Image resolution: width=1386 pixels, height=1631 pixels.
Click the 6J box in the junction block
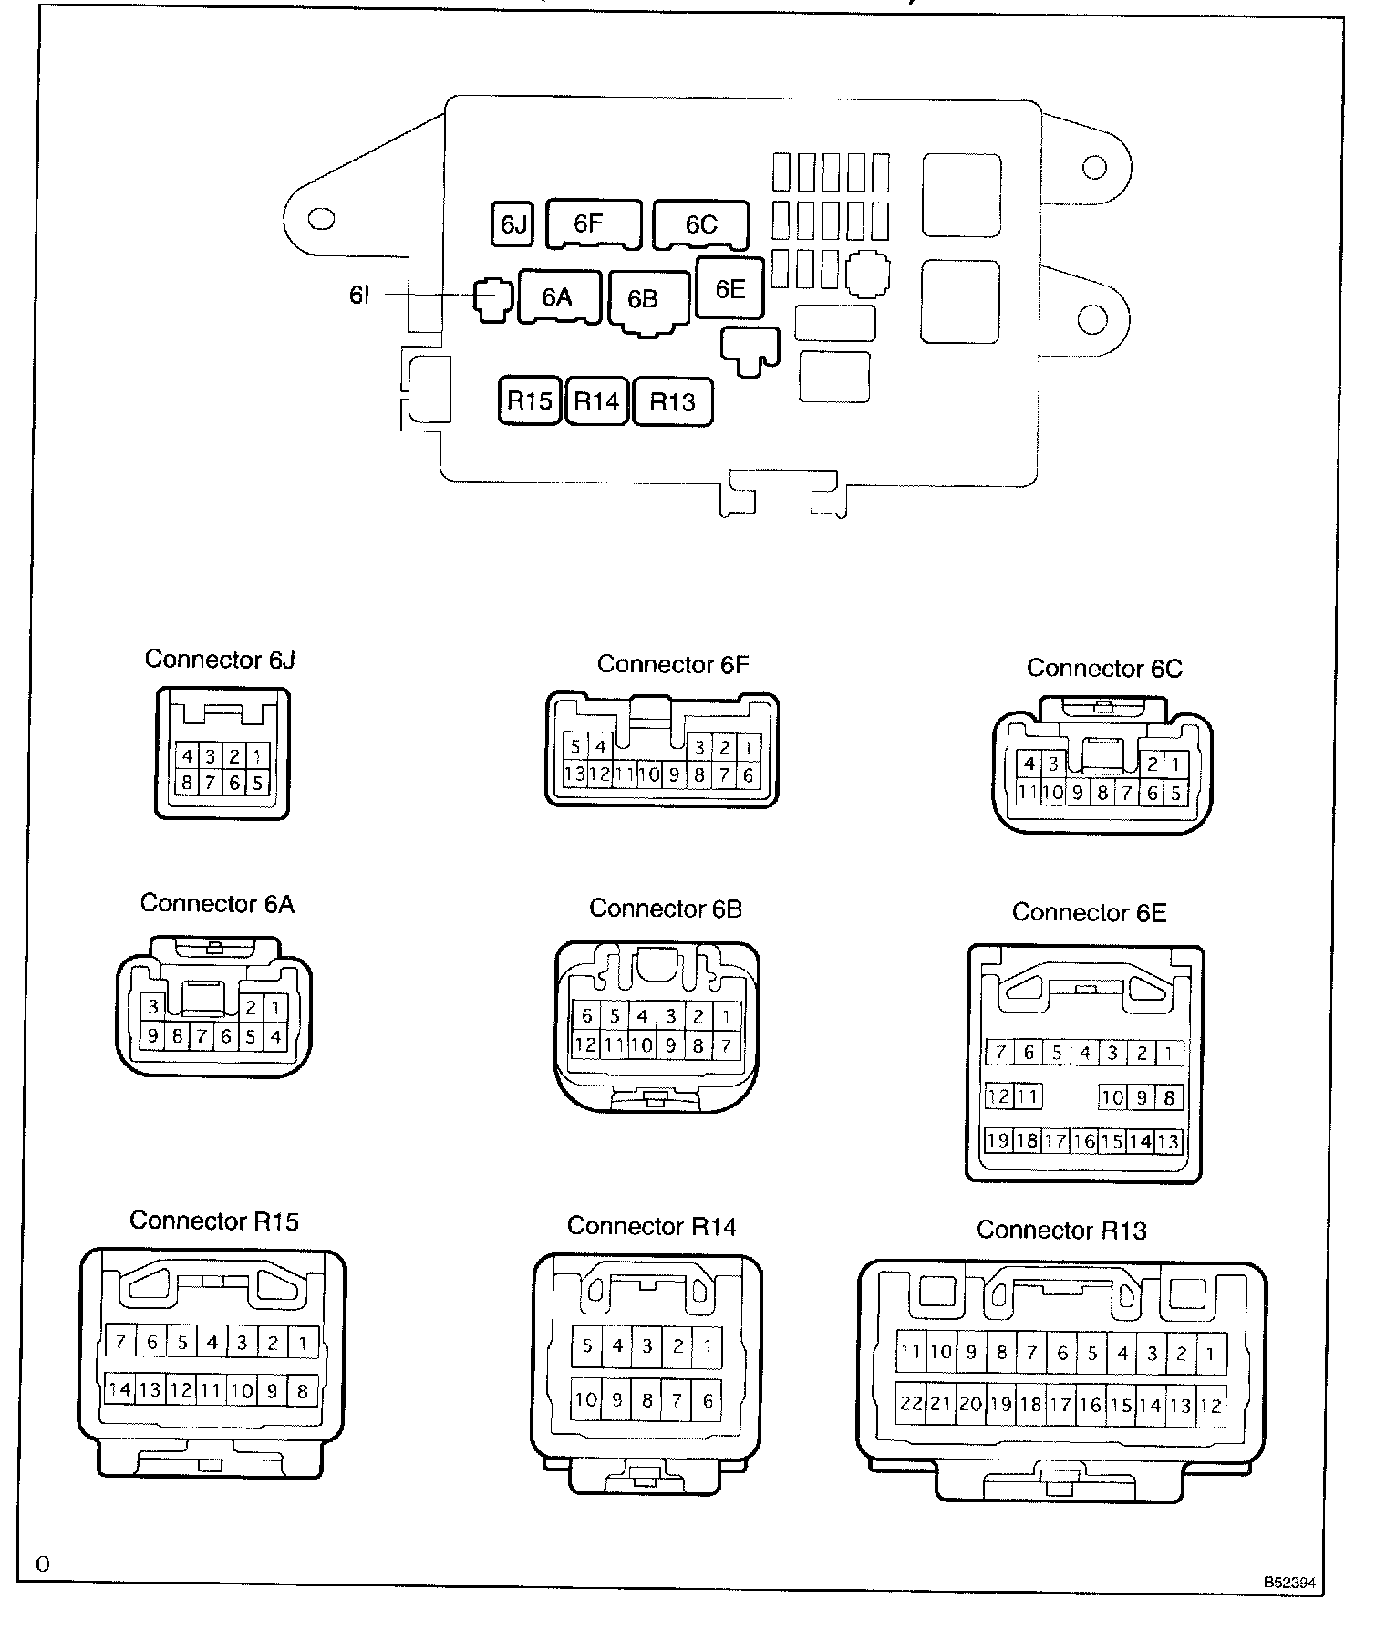[x=513, y=224]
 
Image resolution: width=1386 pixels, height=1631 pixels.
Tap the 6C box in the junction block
[x=701, y=224]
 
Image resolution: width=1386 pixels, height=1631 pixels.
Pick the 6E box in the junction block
[x=729, y=288]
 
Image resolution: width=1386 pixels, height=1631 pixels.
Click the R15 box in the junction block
[x=530, y=400]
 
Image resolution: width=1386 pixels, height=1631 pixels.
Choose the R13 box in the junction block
[x=672, y=401]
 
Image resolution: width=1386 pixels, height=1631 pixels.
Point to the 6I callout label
[x=359, y=295]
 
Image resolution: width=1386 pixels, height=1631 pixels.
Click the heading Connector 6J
[x=220, y=660]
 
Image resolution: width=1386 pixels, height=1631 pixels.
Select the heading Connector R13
[x=1061, y=1230]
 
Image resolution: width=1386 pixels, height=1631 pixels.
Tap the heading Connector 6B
[x=665, y=909]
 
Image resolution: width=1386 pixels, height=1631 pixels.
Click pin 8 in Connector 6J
[x=187, y=782]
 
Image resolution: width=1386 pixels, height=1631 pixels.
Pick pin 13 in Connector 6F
[x=574, y=774]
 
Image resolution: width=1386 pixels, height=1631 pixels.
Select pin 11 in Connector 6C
[x=1028, y=792]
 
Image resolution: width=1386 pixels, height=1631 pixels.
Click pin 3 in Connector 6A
[x=153, y=1007]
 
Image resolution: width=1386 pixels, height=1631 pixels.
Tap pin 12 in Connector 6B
[x=584, y=1044]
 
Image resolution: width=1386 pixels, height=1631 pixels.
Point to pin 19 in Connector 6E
[x=998, y=1140]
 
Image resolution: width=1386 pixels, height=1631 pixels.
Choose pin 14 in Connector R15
[x=120, y=1390]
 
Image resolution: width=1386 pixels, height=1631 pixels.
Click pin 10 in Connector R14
[x=586, y=1399]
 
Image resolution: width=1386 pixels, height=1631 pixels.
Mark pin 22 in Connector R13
[x=911, y=1404]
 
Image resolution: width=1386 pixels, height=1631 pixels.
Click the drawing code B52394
[x=1289, y=1583]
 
